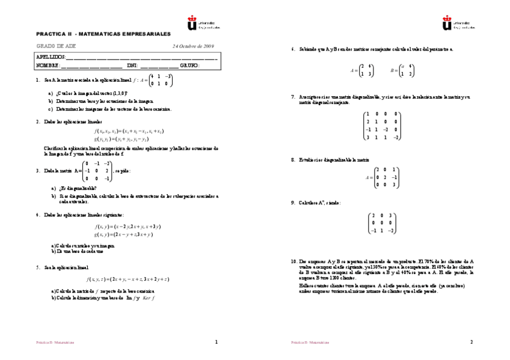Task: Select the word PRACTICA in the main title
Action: coord(49,34)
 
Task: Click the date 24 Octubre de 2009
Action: coord(193,46)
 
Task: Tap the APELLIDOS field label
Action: coord(51,57)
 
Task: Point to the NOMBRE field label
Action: coord(48,65)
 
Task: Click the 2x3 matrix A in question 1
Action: coord(159,80)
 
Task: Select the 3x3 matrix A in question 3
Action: coord(97,171)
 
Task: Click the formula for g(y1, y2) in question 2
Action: coord(129,139)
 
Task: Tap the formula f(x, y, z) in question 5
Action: coord(127,279)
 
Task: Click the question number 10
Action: coord(293,261)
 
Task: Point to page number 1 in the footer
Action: coord(216,342)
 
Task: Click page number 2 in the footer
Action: coord(471,342)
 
